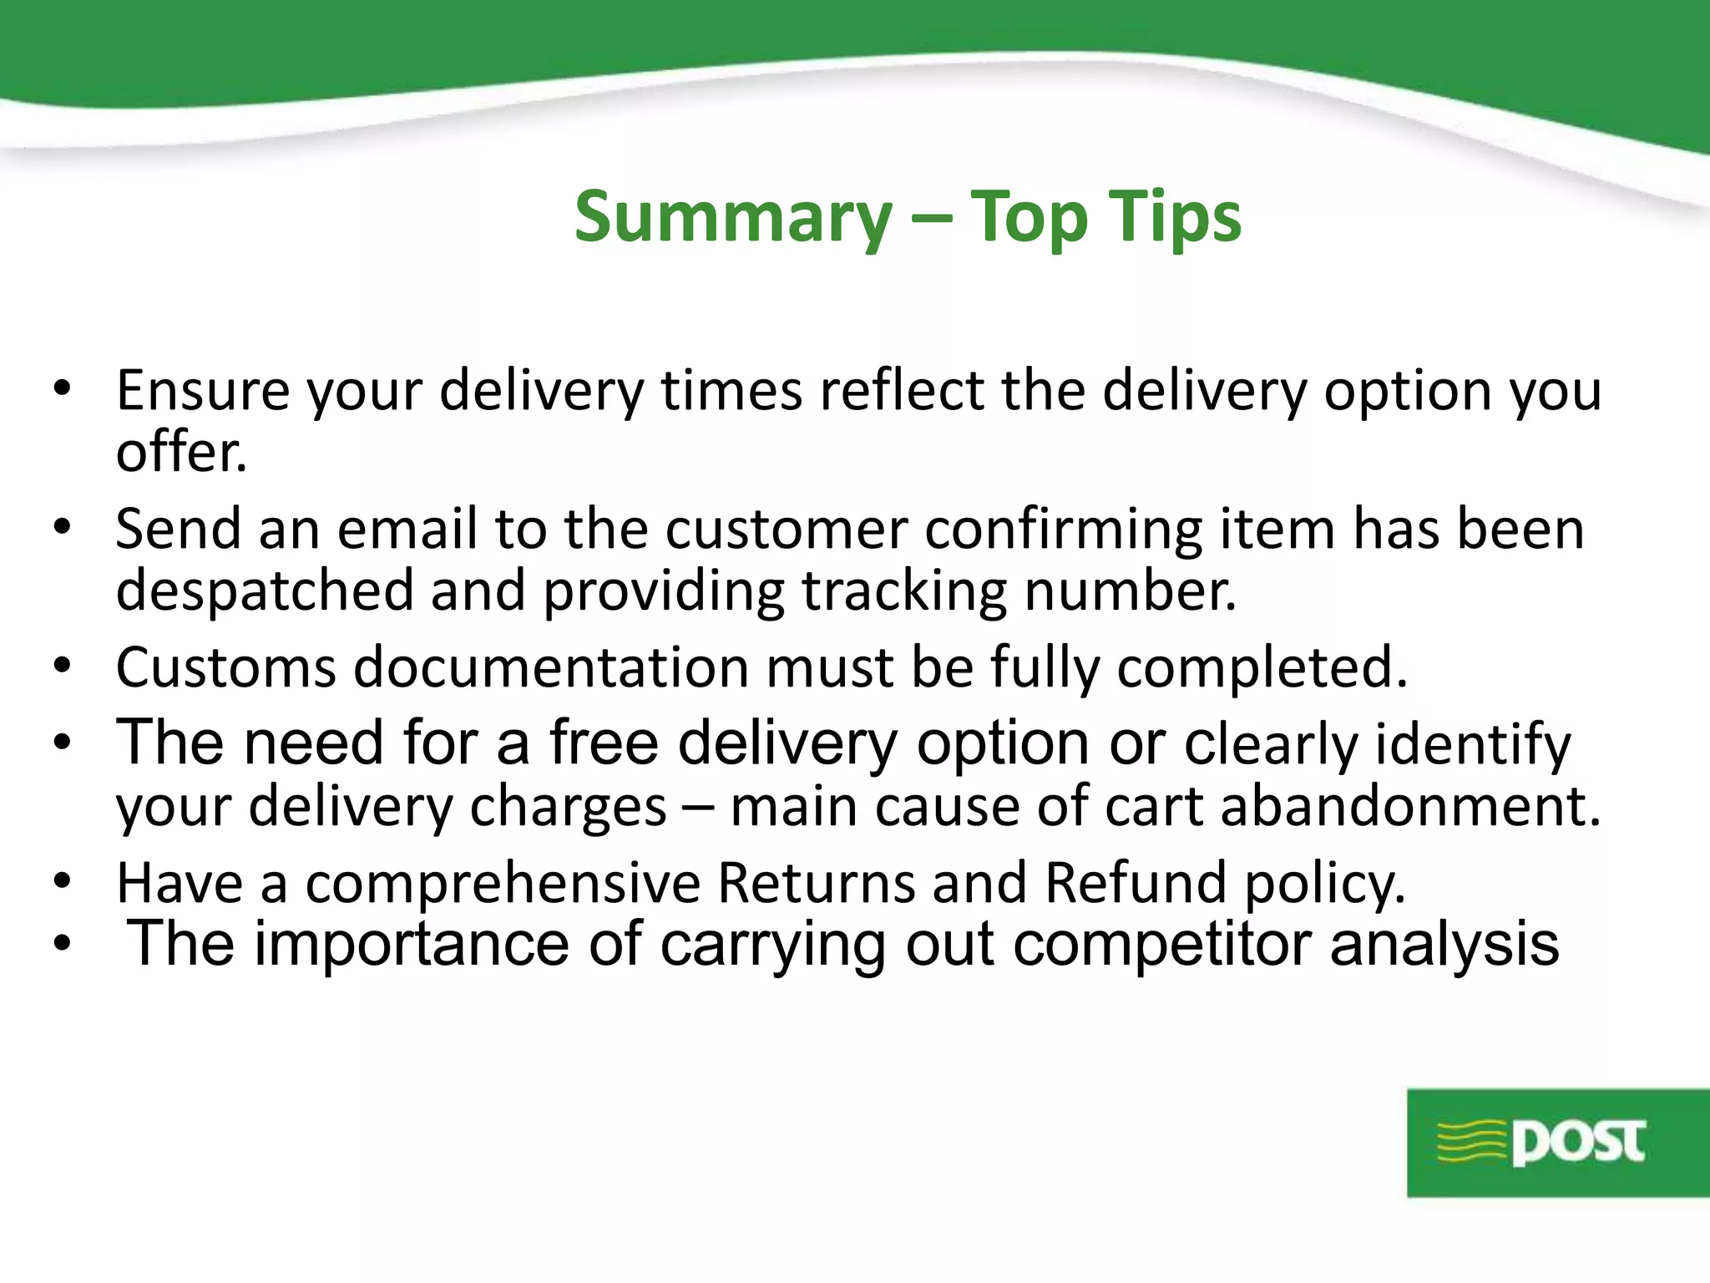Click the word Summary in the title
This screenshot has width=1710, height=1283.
(x=733, y=217)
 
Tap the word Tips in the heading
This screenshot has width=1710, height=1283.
(x=1174, y=217)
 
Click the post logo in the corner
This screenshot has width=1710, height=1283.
(x=1557, y=1142)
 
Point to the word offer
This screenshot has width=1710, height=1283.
(x=181, y=453)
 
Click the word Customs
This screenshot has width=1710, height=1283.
(x=225, y=667)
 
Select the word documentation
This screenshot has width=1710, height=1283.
(x=551, y=667)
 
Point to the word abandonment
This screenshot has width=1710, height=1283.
(x=1411, y=807)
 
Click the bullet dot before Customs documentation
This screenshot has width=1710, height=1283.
(x=62, y=666)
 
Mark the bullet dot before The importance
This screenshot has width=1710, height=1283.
(x=62, y=944)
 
